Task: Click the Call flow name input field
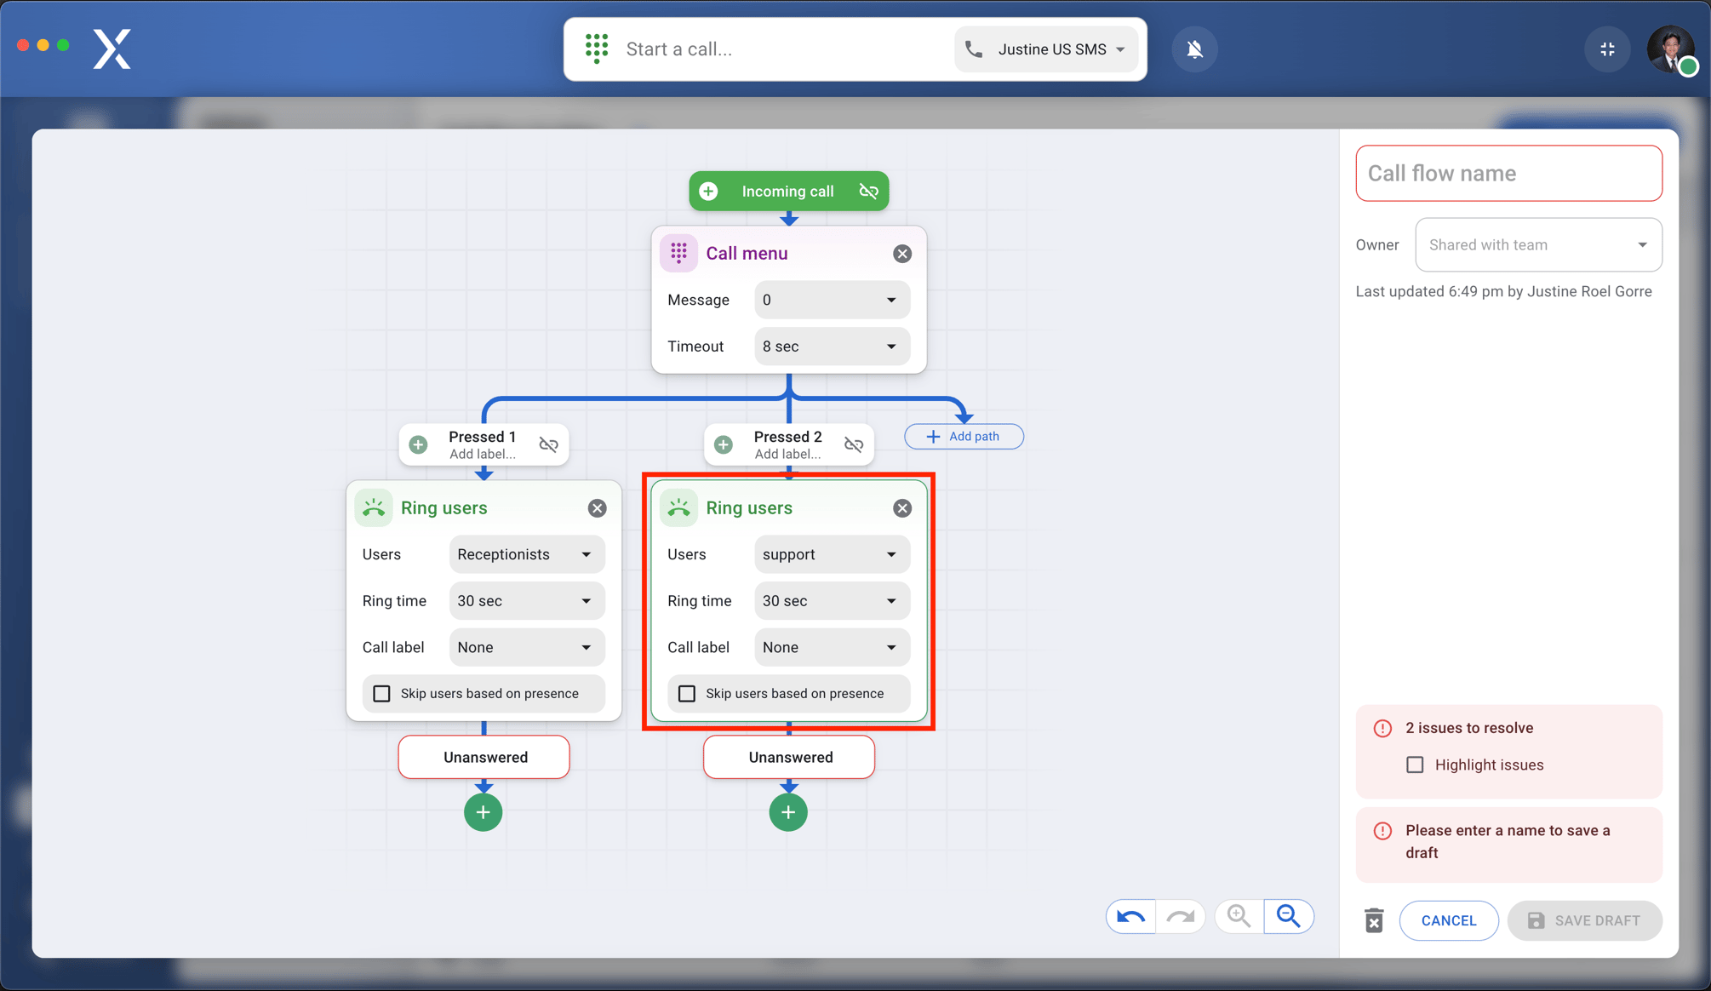click(1508, 174)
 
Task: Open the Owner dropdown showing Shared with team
click(1538, 245)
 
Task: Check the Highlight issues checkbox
click(1415, 765)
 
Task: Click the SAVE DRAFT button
click(1584, 920)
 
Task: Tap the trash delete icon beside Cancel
click(1374, 920)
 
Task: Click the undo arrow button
click(1130, 917)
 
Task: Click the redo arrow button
click(1181, 917)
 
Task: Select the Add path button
click(964, 437)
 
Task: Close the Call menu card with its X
click(902, 254)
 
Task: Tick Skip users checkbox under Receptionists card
click(382, 694)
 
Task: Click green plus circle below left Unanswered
click(484, 812)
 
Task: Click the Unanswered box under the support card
click(789, 757)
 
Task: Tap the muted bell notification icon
click(1195, 49)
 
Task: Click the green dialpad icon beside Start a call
click(597, 49)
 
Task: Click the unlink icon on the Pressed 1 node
click(548, 444)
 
